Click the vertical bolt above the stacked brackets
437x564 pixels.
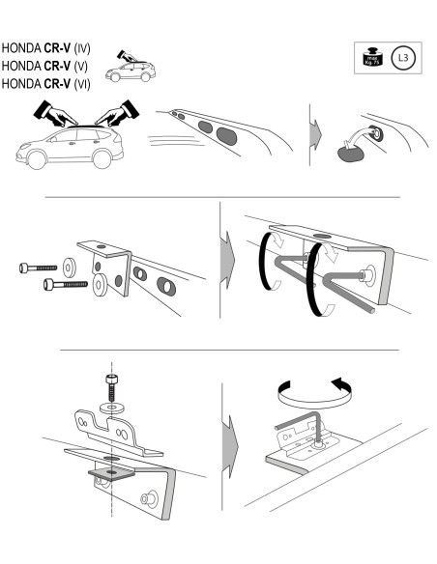[113, 388]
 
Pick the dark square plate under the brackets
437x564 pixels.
[110, 472]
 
